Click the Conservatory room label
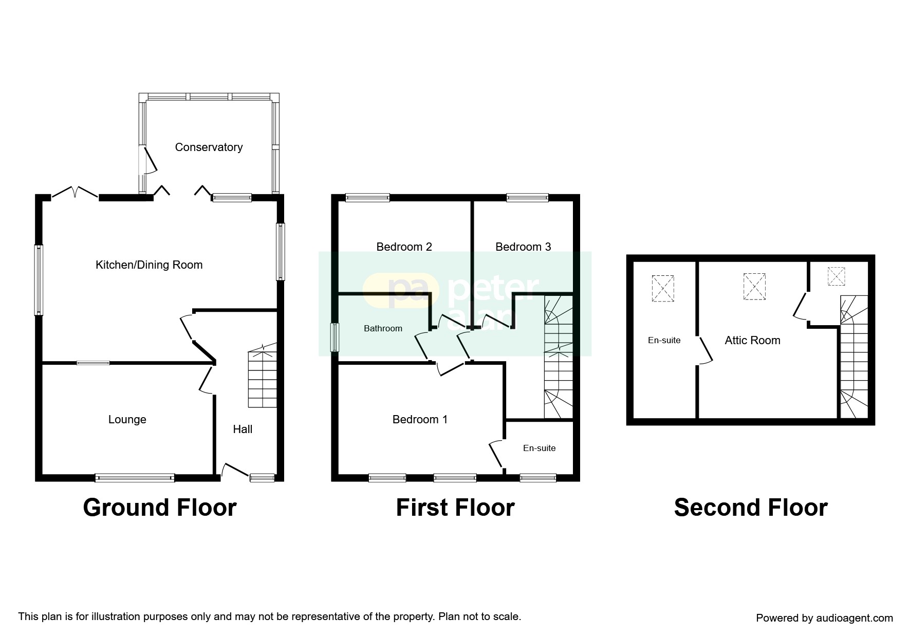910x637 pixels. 209,147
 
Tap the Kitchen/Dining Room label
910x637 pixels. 149,265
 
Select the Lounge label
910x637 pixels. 127,420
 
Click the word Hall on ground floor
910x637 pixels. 243,429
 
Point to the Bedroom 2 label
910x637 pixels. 404,247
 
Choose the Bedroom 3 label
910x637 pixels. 523,247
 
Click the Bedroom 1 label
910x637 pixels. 420,420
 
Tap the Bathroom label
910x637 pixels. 383,329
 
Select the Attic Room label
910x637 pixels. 752,341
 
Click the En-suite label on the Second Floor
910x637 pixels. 664,341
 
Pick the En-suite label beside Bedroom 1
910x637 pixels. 539,448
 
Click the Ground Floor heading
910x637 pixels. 160,508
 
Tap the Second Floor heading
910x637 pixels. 750,508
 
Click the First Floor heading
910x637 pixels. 455,508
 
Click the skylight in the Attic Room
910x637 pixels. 754,287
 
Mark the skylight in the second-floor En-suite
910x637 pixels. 663,289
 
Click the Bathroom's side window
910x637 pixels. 335,337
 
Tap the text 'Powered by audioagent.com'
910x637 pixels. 824,618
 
